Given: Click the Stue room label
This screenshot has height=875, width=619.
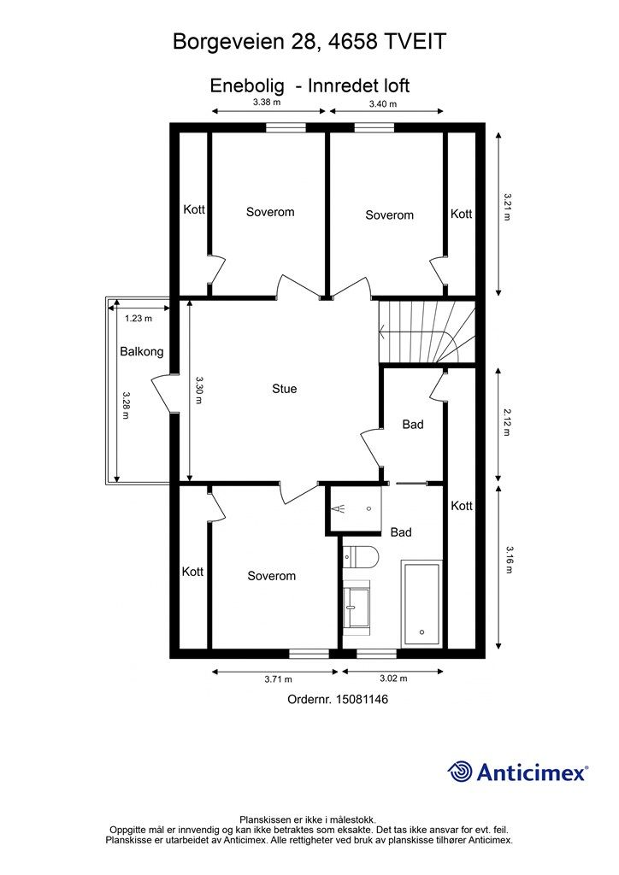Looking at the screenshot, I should pos(285,389).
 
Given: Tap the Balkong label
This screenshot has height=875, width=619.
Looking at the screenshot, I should pos(141,351).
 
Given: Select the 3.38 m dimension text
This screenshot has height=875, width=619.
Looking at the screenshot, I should pos(267,103).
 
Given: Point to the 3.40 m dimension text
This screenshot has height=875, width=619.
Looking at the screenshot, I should pos(382,104).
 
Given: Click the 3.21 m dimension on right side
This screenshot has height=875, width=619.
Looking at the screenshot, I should pos(507,207).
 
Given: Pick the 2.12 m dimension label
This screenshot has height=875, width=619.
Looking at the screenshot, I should pos(507,421).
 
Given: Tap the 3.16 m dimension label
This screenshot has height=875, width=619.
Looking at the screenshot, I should pos(508,560).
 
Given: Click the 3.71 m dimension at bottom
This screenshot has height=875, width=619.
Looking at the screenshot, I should pos(278,679).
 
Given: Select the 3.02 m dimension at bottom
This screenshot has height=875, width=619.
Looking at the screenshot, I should pos(392,679).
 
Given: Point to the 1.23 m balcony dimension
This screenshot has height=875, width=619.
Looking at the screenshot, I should pos(138,319).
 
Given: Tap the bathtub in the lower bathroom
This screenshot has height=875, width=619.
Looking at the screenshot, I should pos(422,604).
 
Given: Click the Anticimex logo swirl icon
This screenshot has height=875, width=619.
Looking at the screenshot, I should pos(461,772).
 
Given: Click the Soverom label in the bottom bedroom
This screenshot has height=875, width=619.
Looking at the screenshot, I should pos(271,576).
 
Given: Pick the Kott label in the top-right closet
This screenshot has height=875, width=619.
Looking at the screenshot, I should pos(461,214).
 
